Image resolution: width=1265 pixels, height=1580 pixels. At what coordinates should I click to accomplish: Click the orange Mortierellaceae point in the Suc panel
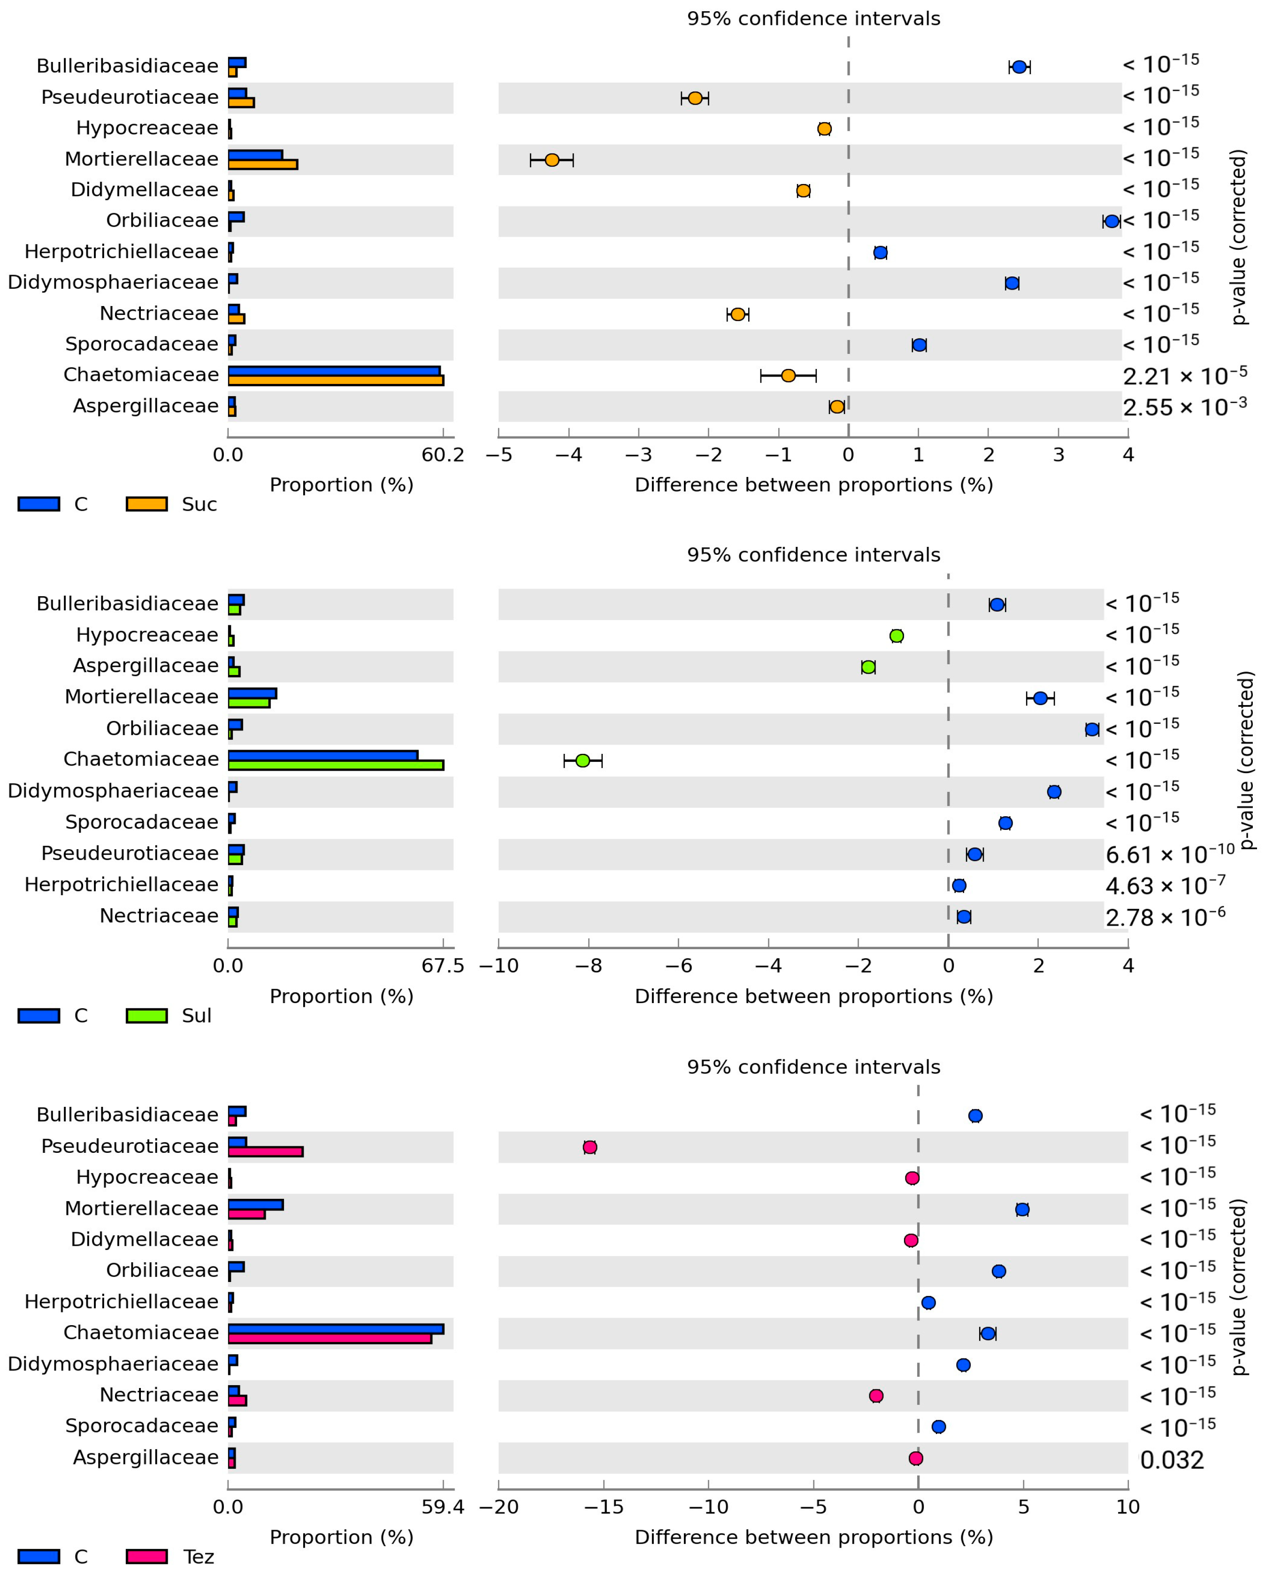coord(552,160)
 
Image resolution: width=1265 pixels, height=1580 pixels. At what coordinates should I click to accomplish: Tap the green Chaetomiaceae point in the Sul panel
coord(583,761)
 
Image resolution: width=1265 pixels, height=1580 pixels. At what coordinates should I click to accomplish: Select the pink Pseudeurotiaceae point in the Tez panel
coord(590,1147)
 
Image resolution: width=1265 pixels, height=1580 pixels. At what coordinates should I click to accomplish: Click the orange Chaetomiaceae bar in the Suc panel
coord(336,380)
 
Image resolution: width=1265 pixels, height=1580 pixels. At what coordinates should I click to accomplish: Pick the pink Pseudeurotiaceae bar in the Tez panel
coord(265,1152)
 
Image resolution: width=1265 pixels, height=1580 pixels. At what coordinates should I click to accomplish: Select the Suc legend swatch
coord(146,504)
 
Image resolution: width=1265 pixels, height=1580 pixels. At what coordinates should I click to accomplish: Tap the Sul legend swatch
coord(146,1016)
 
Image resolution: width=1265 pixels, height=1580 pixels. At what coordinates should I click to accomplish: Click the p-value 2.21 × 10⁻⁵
coord(1184,376)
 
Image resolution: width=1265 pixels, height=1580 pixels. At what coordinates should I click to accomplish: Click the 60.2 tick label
coord(443,455)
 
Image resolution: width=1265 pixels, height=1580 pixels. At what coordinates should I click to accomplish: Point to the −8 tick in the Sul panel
coord(589,966)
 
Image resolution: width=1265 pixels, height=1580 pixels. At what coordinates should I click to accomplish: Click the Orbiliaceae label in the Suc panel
coord(162,221)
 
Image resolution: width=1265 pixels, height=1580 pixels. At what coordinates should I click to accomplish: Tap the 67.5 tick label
coord(443,966)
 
